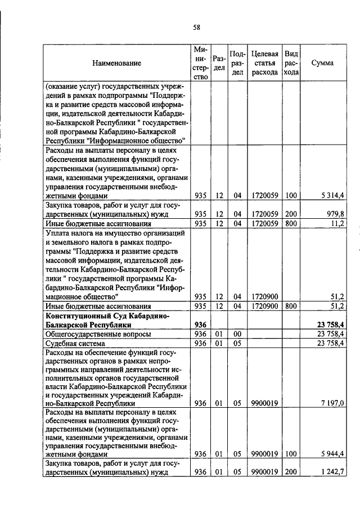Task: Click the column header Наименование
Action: click(117, 64)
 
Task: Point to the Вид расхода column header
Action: click(291, 63)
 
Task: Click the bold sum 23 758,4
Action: click(330, 325)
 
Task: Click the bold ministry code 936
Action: click(200, 325)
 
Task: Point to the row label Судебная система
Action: click(74, 343)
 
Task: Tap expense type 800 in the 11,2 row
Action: click(291, 223)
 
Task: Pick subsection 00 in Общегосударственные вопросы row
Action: click(237, 334)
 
